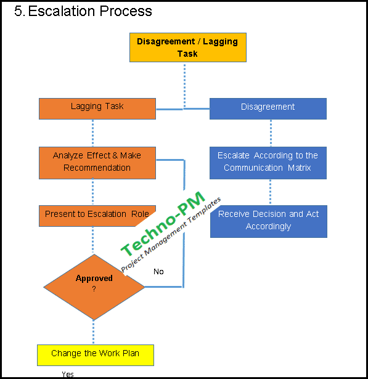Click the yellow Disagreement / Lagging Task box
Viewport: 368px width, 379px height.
[187, 47]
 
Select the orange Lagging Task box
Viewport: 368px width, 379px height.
[97, 108]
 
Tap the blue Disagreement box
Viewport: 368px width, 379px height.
[268, 108]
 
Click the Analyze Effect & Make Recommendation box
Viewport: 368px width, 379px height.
[97, 162]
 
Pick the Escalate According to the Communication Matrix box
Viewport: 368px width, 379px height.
[268, 162]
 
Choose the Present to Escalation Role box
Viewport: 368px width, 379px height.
[97, 215]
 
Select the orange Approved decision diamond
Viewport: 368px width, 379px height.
[94, 287]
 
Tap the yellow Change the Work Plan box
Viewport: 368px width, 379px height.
[95, 354]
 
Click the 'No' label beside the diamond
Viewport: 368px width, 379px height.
[158, 272]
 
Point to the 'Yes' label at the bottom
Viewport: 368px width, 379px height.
[68, 374]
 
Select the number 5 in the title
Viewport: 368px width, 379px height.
[18, 12]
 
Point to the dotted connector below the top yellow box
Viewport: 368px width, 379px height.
[184, 83]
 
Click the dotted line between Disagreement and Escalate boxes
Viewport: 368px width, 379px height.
[271, 132]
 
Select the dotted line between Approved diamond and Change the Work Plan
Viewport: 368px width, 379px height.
[94, 332]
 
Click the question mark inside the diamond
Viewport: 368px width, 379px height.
[94, 289]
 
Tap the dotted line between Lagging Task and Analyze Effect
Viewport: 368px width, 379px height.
[93, 132]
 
